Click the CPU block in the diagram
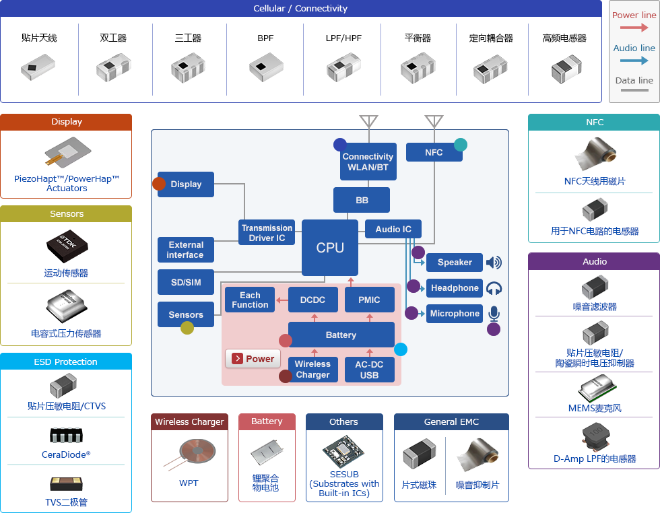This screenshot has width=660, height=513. click(x=330, y=248)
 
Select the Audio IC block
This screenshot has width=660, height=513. click(x=393, y=229)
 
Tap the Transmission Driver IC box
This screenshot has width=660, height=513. click(x=267, y=232)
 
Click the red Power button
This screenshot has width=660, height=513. click(x=253, y=359)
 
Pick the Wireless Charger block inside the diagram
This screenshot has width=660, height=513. click(x=312, y=370)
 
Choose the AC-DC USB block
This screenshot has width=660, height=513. click(x=369, y=370)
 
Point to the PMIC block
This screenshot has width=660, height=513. click(x=369, y=300)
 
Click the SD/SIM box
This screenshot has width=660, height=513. click(x=186, y=282)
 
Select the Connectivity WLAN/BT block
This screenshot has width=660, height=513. click(x=368, y=162)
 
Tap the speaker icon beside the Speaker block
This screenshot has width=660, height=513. click(x=494, y=263)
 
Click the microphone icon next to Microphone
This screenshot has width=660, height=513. click(x=494, y=314)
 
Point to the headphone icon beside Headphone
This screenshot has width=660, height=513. click(x=494, y=288)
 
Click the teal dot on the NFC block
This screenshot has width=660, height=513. click(x=461, y=145)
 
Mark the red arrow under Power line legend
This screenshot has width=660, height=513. click(x=634, y=28)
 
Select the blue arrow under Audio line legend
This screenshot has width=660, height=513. click(x=634, y=61)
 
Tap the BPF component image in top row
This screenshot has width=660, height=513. click(x=266, y=67)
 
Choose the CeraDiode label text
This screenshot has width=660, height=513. click(x=66, y=454)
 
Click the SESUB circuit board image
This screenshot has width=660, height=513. click(x=343, y=451)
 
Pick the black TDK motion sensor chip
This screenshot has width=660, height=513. click(x=67, y=246)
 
